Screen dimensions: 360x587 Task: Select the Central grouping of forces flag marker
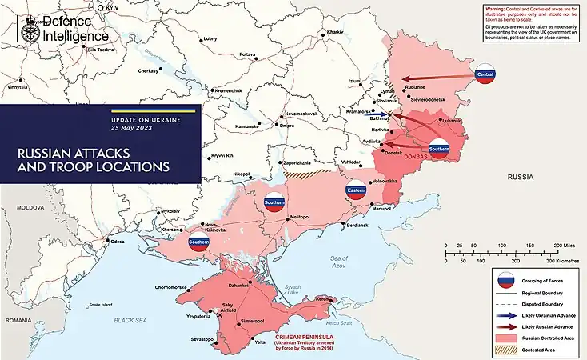click(x=485, y=74)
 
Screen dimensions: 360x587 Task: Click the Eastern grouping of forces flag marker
click(x=356, y=191)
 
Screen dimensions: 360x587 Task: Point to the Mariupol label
click(x=381, y=208)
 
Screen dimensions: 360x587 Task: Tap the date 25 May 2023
click(x=132, y=129)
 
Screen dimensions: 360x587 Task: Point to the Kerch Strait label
click(x=340, y=322)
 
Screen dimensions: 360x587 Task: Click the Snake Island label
click(x=101, y=305)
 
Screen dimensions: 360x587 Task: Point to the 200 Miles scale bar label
click(x=562, y=246)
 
